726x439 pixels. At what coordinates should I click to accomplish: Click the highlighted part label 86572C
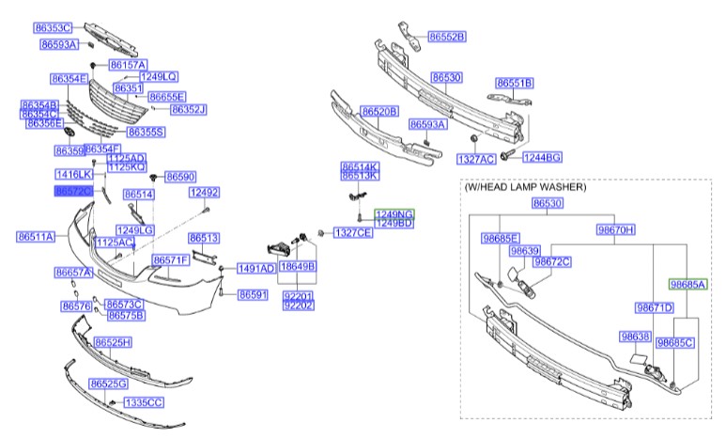(75, 192)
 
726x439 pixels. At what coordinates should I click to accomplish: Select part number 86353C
(54, 28)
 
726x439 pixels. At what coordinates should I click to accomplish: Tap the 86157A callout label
(128, 65)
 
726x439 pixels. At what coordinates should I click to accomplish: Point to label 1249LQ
(158, 76)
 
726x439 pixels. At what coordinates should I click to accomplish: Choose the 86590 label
(179, 177)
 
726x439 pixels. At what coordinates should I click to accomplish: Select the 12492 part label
(204, 193)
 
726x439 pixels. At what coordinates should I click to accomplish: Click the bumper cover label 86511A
(36, 236)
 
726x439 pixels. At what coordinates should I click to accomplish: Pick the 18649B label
(298, 267)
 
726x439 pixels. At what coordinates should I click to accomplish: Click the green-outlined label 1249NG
(394, 214)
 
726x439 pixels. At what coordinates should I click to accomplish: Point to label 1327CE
(352, 232)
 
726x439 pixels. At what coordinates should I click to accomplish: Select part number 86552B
(447, 37)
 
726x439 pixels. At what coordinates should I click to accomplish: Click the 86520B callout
(380, 111)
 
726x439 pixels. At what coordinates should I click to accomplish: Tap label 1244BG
(542, 156)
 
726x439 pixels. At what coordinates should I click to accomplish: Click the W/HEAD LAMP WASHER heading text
(525, 187)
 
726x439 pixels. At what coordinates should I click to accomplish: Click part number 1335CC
(144, 402)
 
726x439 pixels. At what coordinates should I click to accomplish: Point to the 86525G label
(108, 384)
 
